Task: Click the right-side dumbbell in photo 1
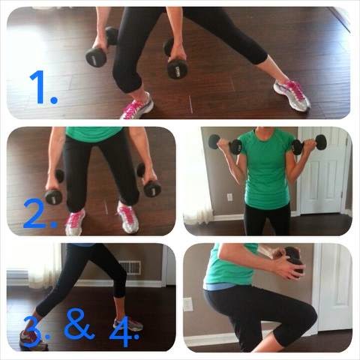[175, 59]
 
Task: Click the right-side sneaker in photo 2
[127, 217]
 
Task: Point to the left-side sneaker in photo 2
[75, 222]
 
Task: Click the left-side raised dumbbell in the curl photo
[225, 145]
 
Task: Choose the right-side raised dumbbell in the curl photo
[310, 144]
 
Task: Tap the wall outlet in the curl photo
[229, 197]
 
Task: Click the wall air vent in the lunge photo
[130, 268]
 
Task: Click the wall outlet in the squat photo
[187, 304]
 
